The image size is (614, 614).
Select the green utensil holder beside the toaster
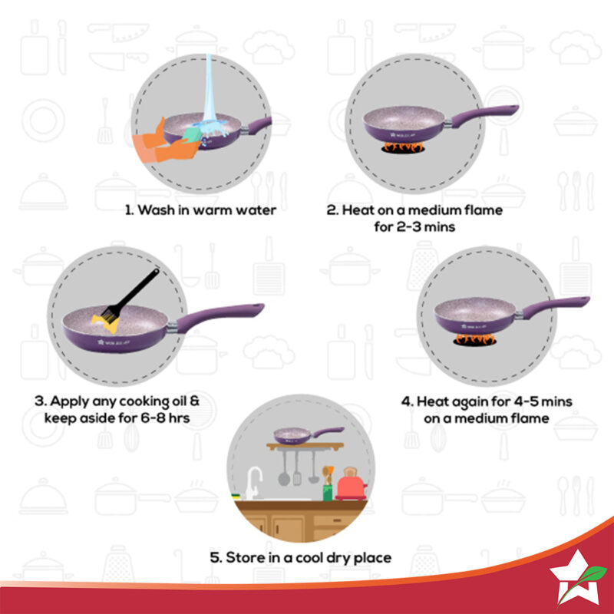click(x=327, y=489)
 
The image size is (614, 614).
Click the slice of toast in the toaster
click(x=349, y=472)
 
